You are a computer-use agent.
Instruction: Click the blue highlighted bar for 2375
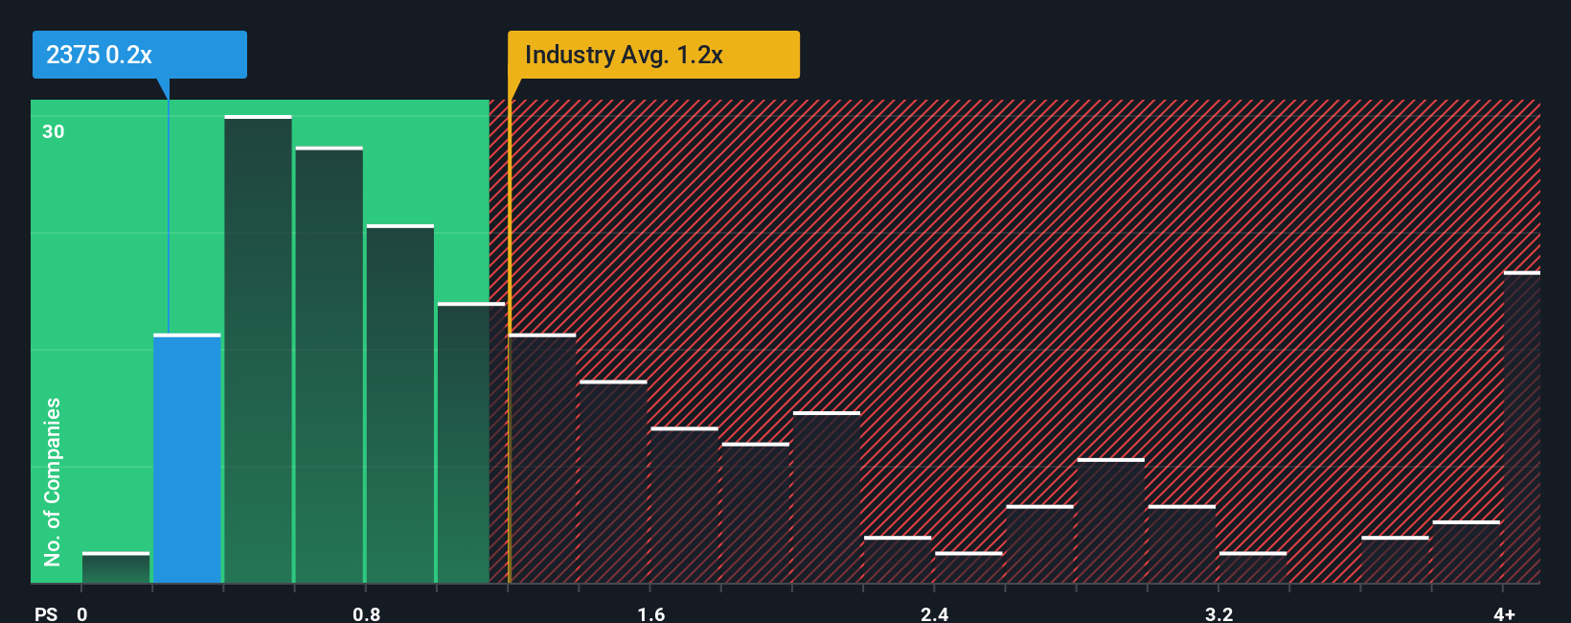187,458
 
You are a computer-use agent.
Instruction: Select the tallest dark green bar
258,349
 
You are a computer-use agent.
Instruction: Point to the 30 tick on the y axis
54,131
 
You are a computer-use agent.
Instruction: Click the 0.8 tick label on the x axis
366,613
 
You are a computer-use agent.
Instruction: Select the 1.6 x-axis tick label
650,613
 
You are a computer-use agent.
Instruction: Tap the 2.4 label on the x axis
934,613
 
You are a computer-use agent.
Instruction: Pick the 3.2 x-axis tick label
1218,613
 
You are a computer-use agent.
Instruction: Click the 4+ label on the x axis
1504,613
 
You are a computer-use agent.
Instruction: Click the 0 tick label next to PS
82,613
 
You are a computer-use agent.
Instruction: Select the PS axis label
46,613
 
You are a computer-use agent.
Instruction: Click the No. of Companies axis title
53,481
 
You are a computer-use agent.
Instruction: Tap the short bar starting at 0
116,567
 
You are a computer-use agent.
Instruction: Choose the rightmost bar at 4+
1521,427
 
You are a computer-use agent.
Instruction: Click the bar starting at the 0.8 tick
400,404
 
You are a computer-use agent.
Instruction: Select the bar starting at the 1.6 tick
684,505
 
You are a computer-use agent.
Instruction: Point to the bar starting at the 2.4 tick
968,567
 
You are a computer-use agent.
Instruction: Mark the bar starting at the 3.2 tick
1253,567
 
